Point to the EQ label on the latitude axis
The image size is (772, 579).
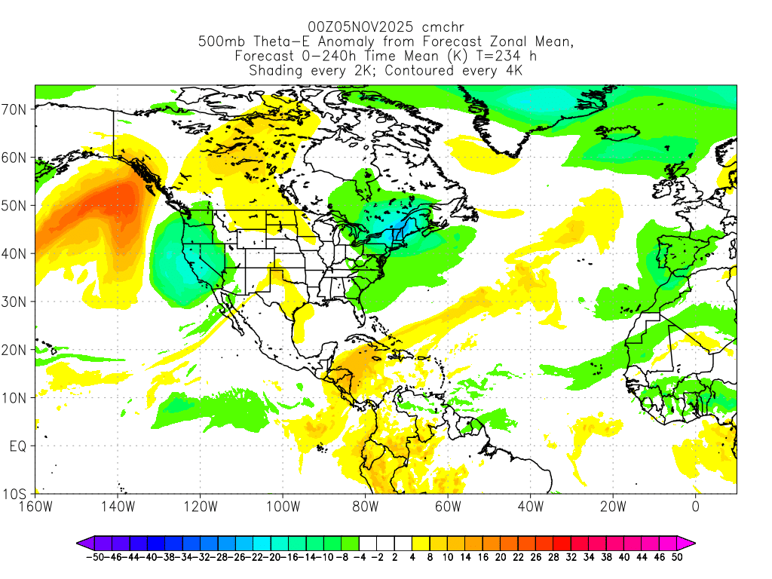[x=18, y=446]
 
